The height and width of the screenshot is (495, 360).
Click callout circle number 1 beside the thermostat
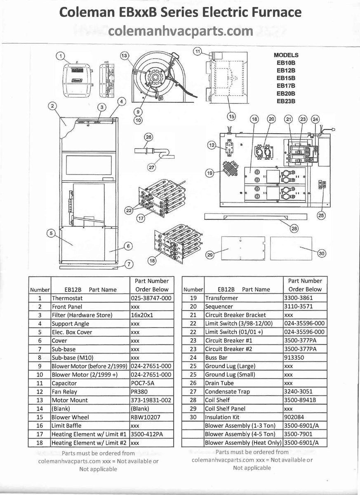(x=60, y=56)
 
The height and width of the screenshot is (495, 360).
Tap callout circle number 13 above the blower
(x=124, y=55)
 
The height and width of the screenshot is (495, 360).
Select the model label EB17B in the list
(x=286, y=86)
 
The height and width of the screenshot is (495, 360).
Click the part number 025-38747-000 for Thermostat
(x=150, y=298)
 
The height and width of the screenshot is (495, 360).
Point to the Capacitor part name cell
(x=64, y=383)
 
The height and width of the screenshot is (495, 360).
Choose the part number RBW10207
(x=145, y=417)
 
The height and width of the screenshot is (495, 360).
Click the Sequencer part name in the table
(x=219, y=306)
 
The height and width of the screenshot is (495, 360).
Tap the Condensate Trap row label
(x=227, y=391)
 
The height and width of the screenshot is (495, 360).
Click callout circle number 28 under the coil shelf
(x=294, y=228)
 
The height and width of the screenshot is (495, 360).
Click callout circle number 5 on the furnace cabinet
(x=52, y=233)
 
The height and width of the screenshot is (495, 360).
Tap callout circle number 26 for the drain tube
(x=148, y=137)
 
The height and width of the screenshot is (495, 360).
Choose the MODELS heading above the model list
(x=286, y=55)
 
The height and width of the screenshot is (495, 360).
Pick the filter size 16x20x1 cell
(x=141, y=315)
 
